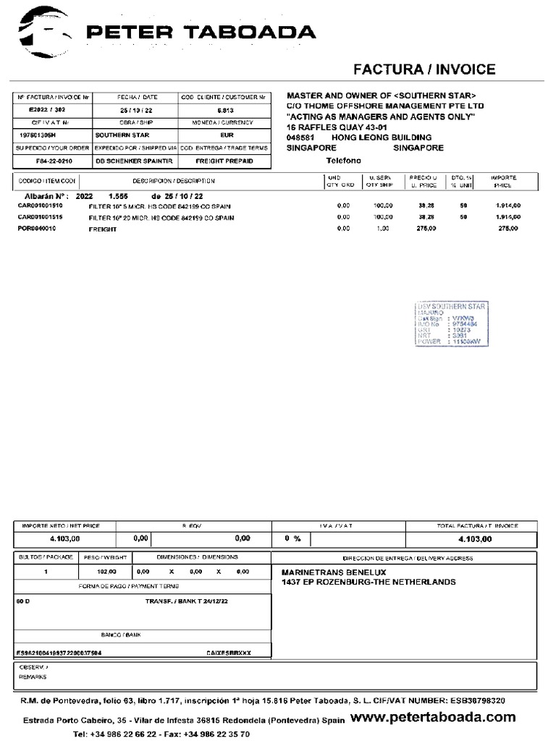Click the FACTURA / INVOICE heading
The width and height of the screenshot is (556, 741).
pyautogui.click(x=424, y=69)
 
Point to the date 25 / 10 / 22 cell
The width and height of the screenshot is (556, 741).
pyautogui.click(x=135, y=109)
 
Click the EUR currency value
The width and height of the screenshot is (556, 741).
pyautogui.click(x=227, y=135)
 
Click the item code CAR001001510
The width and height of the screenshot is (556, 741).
pyautogui.click(x=41, y=206)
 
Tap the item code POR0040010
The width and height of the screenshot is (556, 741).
pyautogui.click(x=37, y=228)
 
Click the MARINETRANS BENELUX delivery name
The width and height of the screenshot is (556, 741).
pyautogui.click(x=334, y=572)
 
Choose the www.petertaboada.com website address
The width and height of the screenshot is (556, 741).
pyautogui.click(x=433, y=717)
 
